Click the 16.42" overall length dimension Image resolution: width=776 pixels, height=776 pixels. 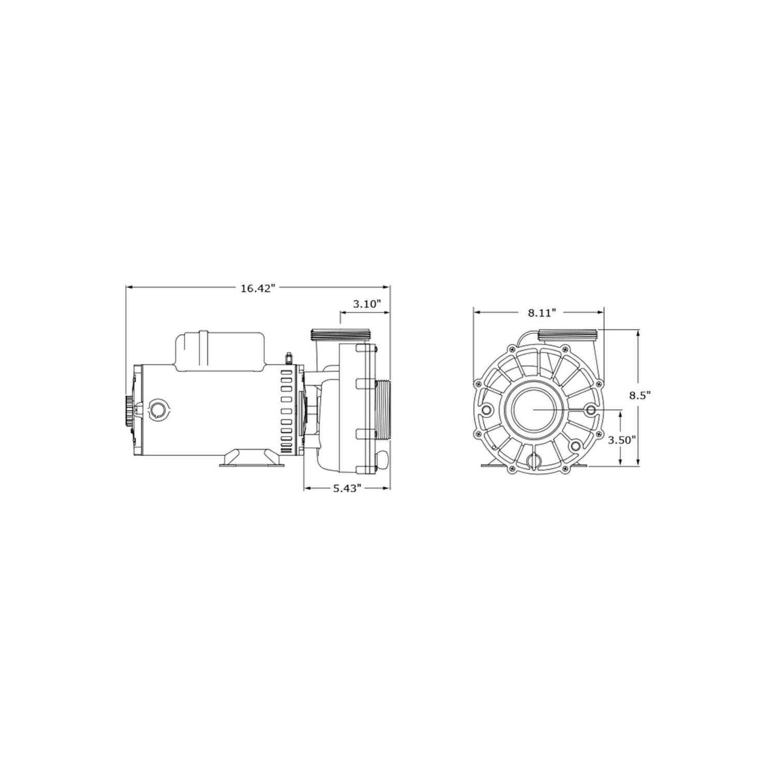(256, 288)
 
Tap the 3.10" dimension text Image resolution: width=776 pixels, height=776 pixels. (367, 304)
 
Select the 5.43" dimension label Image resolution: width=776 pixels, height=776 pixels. (346, 488)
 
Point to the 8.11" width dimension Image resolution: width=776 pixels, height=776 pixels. (541, 312)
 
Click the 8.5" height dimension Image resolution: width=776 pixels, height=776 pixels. (639, 395)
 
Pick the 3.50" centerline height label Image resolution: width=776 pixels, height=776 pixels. (621, 440)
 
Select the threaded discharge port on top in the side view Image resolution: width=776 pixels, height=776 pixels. (340, 334)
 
